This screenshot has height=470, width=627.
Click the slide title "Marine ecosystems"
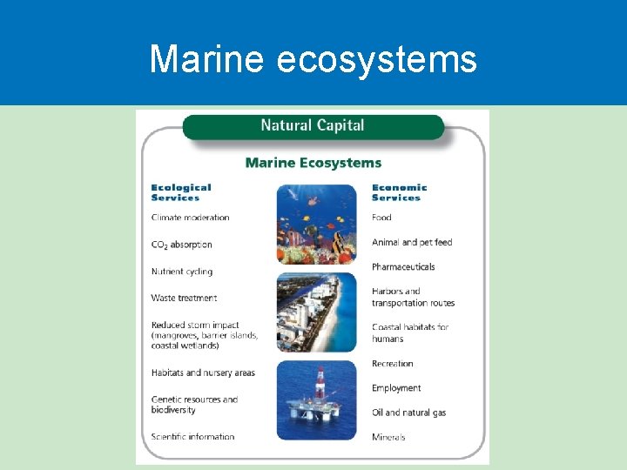(313, 59)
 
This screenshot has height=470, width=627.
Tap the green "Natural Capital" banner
(313, 125)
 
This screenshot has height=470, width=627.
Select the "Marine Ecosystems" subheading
(313, 163)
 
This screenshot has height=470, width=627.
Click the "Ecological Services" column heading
(181, 192)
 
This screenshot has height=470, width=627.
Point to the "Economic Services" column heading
(400, 192)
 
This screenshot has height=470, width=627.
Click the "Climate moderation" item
(190, 218)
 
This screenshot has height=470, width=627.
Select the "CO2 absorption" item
(181, 245)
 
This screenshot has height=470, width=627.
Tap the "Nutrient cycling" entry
(181, 272)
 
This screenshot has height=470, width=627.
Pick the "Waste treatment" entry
(184, 298)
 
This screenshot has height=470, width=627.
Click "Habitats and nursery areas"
(203, 373)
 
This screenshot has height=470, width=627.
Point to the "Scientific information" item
(192, 437)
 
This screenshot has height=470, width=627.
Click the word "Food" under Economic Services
(381, 218)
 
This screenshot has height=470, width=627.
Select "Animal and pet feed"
(412, 242)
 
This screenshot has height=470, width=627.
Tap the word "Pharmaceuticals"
(403, 266)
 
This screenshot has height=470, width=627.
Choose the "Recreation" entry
(393, 364)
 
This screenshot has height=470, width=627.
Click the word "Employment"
(396, 388)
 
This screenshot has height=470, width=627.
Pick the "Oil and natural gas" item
(408, 413)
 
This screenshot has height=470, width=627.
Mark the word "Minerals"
(388, 437)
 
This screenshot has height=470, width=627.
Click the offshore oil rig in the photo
(319, 396)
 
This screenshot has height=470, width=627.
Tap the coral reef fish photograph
(317, 225)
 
